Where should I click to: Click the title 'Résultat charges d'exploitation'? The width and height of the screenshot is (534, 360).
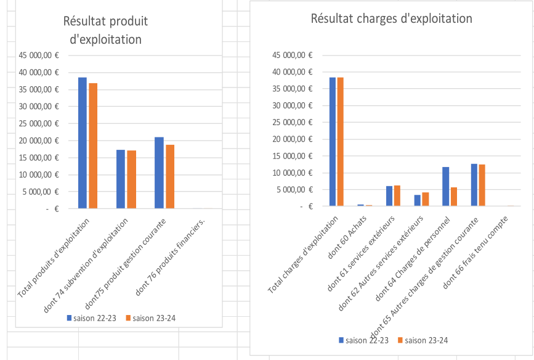392,18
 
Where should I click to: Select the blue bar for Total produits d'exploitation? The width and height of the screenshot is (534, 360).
82,143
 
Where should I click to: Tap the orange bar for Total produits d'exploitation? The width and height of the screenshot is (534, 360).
93,146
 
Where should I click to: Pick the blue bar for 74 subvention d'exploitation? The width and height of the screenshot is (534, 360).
121,179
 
